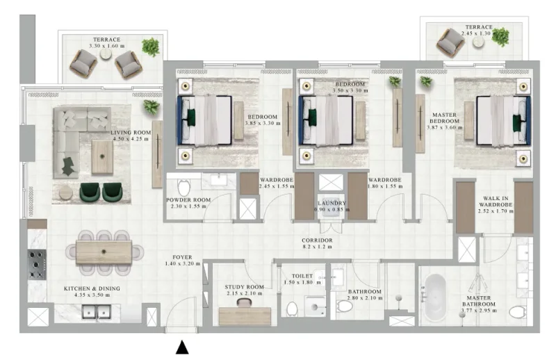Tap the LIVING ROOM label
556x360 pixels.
[x=131, y=131]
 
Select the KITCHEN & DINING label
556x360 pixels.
[x=92, y=288]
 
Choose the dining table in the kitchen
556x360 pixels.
[x=104, y=252]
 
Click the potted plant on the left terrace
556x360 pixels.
[x=150, y=47]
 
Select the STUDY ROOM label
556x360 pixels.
[x=245, y=286]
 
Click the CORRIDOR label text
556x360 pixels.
[x=318, y=240]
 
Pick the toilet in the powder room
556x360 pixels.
[x=184, y=188]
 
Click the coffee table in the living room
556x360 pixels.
[x=103, y=157]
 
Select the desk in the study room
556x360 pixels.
[x=244, y=316]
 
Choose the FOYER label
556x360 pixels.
[x=178, y=256]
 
